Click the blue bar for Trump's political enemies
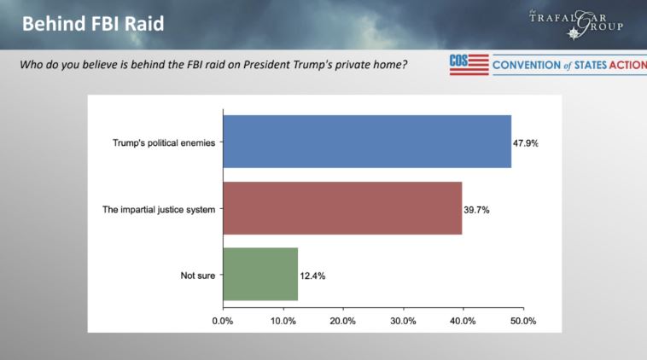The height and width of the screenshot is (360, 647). coord(367,142)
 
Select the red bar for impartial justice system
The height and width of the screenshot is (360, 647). coord(341,208)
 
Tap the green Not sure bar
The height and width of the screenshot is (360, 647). coord(260,275)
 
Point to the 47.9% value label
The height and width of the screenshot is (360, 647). coord(525,142)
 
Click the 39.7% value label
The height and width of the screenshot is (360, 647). coord(476,208)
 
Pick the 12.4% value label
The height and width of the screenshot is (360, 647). coord(312,276)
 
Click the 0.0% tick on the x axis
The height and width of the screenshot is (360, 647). coord(223,321)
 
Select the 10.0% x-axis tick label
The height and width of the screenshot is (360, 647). coord(283,321)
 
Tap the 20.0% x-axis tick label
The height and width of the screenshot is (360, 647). coord(342,321)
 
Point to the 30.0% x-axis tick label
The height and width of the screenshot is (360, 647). coord(403,321)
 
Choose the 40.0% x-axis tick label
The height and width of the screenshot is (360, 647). coord(463,321)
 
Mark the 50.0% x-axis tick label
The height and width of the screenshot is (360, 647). coord(522,321)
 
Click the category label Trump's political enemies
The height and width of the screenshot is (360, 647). coord(163,142)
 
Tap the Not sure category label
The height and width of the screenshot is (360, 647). coord(197,276)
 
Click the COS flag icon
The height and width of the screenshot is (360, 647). coord(469,65)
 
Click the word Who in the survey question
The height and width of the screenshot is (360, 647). coord(32,66)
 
